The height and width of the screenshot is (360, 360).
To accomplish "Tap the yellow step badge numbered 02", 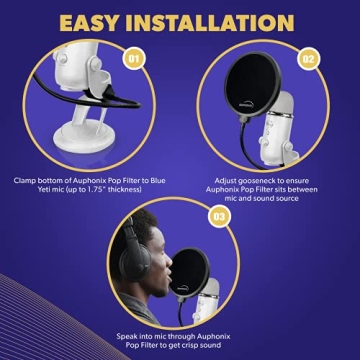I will click(310, 59).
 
